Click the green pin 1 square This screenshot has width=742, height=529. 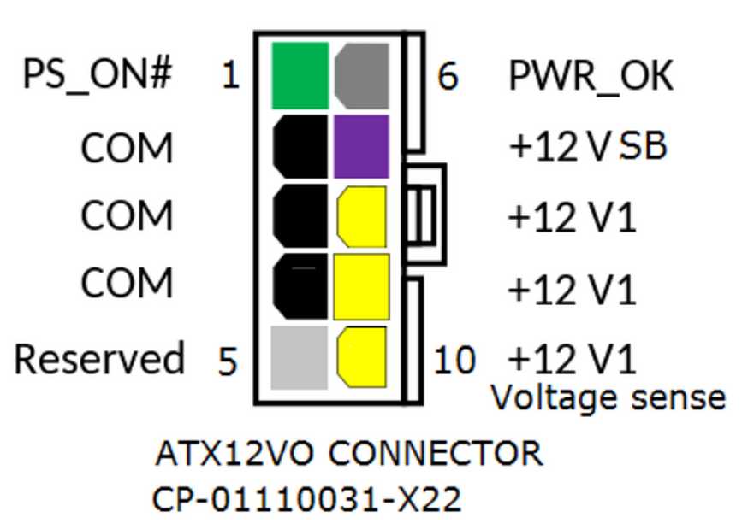tap(300, 76)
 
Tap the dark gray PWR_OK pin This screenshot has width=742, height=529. tap(362, 76)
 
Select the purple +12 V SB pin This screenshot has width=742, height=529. tap(361, 146)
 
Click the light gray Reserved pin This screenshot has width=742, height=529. tap(299, 358)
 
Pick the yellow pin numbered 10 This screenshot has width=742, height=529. tap(362, 357)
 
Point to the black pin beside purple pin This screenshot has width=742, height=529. tap(300, 146)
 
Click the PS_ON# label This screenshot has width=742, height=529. tap(97, 74)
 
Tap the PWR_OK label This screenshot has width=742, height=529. tap(591, 76)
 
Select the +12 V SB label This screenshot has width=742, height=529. tap(588, 145)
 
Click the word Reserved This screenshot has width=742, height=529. tap(99, 359)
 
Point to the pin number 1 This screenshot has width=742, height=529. tap(230, 74)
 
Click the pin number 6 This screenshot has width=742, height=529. tap(448, 76)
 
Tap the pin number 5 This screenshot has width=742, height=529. tap(227, 361)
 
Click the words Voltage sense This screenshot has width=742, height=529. tap(608, 397)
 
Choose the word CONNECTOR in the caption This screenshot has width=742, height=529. tap(436, 453)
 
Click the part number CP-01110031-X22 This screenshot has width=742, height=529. tap(306, 500)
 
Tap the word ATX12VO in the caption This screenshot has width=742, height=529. tap(234, 453)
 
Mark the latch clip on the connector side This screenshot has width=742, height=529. tap(425, 215)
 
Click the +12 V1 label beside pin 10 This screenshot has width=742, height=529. tap(572, 359)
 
